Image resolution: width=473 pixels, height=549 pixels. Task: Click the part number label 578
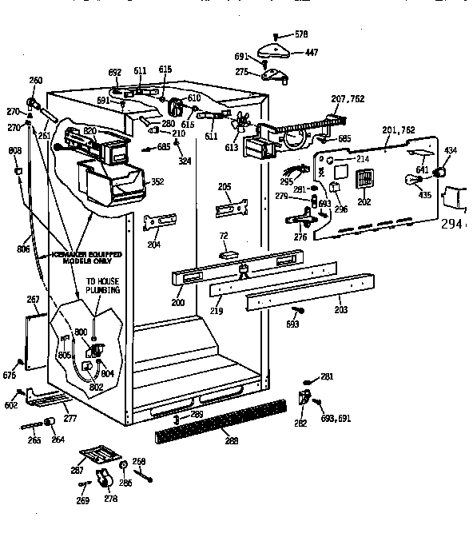[x=300, y=34]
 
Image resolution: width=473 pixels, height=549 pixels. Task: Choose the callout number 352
[x=157, y=182]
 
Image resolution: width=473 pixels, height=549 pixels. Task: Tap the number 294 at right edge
[x=453, y=225]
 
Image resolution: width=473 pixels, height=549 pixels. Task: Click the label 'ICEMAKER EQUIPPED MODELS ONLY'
[x=87, y=257]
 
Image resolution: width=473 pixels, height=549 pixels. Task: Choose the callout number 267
[x=34, y=300]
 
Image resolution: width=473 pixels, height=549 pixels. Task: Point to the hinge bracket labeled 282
[x=304, y=397]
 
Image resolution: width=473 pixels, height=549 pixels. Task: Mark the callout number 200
[x=177, y=302]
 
